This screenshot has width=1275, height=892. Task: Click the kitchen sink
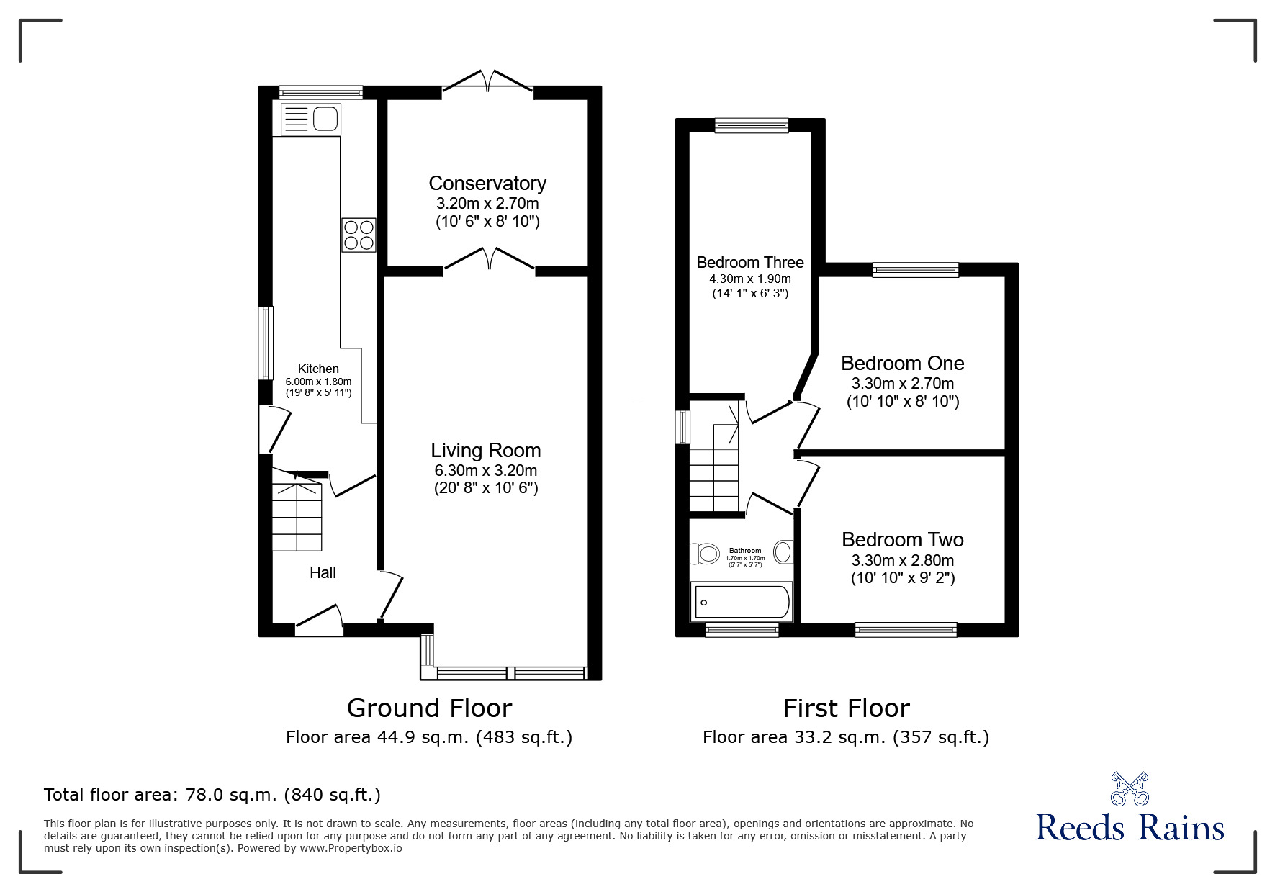310,119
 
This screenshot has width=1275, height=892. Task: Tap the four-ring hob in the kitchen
359,235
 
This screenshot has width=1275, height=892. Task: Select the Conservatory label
487,184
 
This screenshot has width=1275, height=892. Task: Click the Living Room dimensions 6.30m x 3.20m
486,471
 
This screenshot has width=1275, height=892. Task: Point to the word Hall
323,573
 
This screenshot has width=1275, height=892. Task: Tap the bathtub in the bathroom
742,602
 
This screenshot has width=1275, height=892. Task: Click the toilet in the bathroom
706,554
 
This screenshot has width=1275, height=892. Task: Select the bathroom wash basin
783,552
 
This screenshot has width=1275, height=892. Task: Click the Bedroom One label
902,364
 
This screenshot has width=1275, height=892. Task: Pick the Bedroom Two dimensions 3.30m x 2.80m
903,560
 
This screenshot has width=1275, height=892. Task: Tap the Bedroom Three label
750,262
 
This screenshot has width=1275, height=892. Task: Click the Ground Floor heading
429,708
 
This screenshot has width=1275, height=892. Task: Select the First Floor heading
846,708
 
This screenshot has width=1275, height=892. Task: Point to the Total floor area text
212,795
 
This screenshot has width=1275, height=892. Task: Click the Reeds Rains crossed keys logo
1130,788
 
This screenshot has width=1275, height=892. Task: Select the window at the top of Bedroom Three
752,126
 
